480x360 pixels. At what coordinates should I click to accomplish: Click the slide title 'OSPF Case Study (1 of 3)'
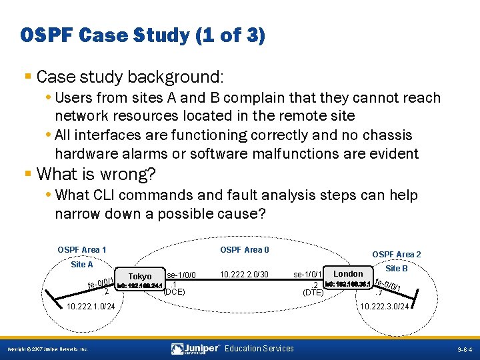coord(143,35)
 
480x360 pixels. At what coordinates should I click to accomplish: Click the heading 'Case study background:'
coord(130,76)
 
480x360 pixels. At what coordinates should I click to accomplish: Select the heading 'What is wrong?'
coord(96,175)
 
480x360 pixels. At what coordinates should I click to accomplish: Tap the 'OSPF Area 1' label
coord(82,250)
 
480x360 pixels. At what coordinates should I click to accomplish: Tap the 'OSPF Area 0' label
coord(245,250)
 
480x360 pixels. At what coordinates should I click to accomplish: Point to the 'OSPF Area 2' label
coord(396,255)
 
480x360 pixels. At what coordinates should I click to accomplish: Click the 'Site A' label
coord(82,265)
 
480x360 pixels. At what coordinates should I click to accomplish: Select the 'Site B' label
coord(397,268)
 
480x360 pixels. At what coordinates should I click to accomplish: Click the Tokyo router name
coord(140,276)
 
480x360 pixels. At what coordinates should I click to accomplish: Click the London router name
coord(348,273)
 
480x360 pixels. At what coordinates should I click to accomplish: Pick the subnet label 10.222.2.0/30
coord(244,275)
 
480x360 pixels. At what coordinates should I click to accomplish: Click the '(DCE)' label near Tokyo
coord(174,291)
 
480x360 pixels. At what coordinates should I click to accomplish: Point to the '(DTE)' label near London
coord(313,292)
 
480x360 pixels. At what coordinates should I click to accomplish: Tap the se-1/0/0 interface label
coord(181,275)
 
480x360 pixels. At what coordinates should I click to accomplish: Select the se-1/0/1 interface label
coord(308,275)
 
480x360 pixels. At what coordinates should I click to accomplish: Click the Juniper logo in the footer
coord(196,349)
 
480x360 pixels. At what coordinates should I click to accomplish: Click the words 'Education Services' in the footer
coord(259,349)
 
